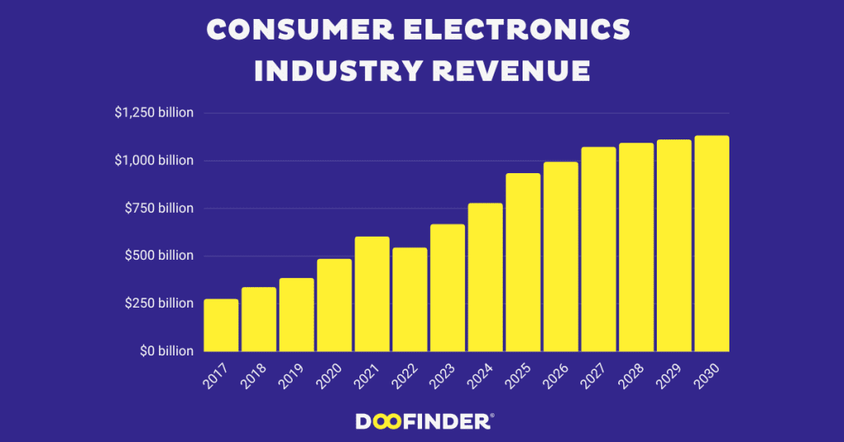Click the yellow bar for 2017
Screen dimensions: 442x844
[221, 325]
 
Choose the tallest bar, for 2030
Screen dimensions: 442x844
[711, 243]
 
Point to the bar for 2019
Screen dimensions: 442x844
[296, 314]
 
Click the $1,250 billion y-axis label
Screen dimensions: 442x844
[153, 113]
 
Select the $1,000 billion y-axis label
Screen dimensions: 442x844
[153, 160]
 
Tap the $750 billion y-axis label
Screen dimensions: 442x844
[158, 208]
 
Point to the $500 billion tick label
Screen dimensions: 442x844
[158, 256]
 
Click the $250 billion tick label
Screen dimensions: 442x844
[158, 303]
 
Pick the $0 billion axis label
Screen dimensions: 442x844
[164, 351]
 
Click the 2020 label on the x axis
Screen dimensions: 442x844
[329, 375]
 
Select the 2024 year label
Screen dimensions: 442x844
[480, 375]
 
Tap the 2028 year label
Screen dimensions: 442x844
[631, 375]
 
